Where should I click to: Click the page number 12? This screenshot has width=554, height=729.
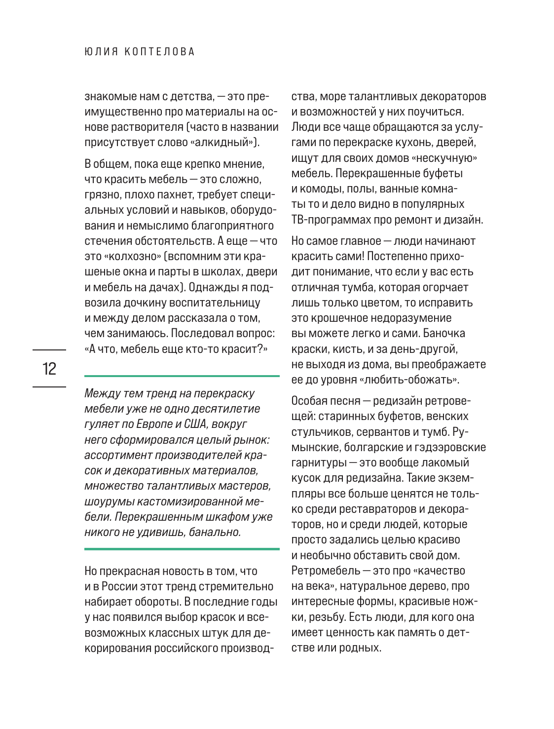[x=49, y=369]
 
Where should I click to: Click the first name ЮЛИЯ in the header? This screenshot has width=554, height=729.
[x=101, y=52]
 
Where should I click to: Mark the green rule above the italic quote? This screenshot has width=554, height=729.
[x=182, y=376]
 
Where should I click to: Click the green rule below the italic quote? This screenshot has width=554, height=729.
[x=182, y=548]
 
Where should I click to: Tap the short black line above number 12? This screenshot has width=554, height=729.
[x=49, y=350]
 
